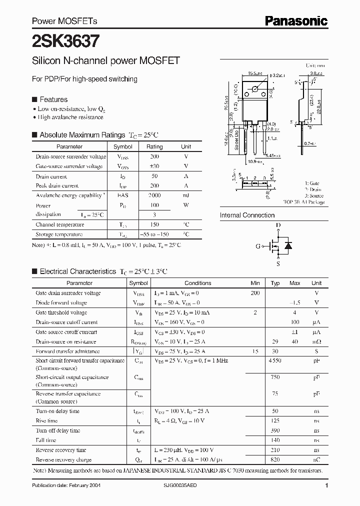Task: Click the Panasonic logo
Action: coord(296,20)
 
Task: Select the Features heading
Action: coord(53,99)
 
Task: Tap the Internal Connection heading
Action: coord(247,215)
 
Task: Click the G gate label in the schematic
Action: coord(258,246)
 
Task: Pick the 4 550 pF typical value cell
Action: coord(274,360)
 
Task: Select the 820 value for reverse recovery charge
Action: coord(274,459)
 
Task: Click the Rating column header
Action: coord(154,147)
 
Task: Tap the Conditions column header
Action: coord(197,283)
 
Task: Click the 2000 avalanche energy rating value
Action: coord(154,195)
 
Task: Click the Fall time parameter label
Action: coord(45,440)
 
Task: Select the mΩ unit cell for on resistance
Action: coord(316,342)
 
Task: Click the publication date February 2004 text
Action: coord(63,486)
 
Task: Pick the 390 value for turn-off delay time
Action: coord(274,430)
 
